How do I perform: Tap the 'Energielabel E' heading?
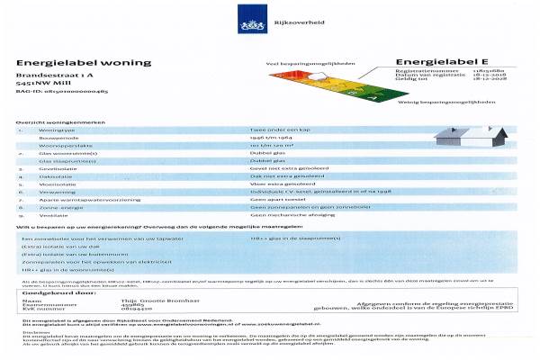pos(429,63)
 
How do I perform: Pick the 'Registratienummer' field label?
pos(426,72)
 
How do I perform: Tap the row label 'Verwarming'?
pos(67,191)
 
